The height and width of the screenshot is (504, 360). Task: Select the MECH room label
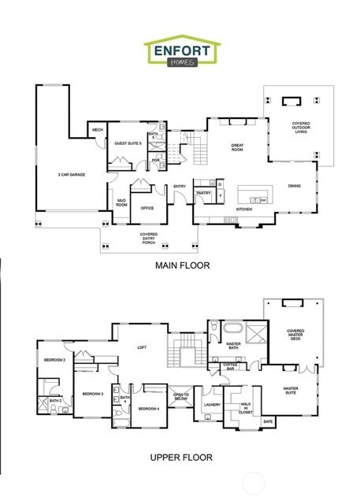click(x=98, y=131)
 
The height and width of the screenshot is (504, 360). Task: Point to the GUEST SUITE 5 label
click(x=127, y=143)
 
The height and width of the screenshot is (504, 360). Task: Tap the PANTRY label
click(x=203, y=192)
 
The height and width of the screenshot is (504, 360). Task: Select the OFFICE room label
click(x=147, y=209)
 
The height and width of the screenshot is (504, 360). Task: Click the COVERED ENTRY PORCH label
click(x=149, y=238)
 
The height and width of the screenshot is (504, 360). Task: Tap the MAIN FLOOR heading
click(x=182, y=266)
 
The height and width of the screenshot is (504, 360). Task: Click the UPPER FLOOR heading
click(x=182, y=458)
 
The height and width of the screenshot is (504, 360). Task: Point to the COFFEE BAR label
click(x=230, y=365)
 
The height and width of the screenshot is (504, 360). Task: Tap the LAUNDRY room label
click(x=210, y=406)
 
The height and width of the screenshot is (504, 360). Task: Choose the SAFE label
click(x=268, y=421)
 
